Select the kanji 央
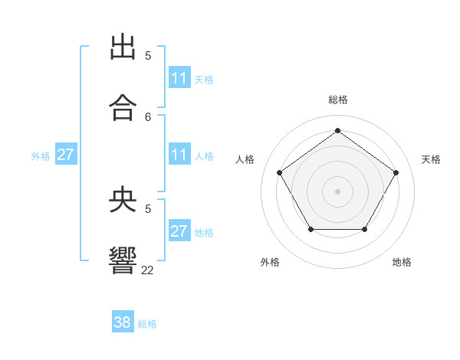[x=123, y=200]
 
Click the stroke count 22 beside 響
[x=148, y=270]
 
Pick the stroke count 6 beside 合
[x=148, y=116]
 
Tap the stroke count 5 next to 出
[x=148, y=55]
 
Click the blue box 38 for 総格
[x=123, y=322]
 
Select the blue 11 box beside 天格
[x=179, y=78]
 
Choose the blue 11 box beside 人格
[x=179, y=155]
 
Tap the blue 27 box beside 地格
[x=179, y=231]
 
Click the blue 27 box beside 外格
[x=66, y=155]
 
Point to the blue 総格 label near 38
[x=147, y=324]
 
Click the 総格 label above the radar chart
[x=337, y=100]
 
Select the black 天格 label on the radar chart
[x=431, y=159]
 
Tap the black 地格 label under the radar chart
[x=402, y=262]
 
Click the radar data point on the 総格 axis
[x=337, y=131]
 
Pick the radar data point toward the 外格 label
[x=310, y=229]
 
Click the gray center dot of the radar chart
[x=337, y=191]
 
